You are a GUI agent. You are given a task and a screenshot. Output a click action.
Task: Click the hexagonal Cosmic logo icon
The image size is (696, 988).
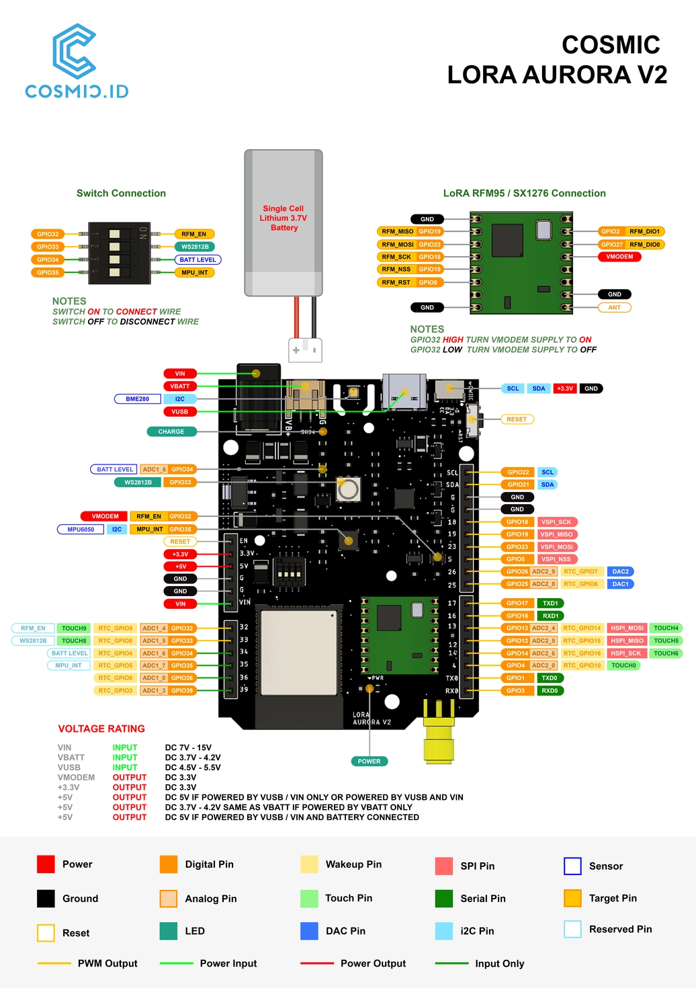[x=75, y=51]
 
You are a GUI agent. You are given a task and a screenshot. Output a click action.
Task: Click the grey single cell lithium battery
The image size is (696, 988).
[x=284, y=222]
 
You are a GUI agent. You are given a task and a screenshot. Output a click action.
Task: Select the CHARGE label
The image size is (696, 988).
[x=171, y=431]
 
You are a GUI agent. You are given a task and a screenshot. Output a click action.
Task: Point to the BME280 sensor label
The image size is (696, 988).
[x=138, y=399]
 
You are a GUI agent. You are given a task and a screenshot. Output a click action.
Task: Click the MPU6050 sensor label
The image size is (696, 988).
[x=81, y=529]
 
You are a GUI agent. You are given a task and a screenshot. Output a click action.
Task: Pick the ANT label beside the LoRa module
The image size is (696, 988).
[x=615, y=307]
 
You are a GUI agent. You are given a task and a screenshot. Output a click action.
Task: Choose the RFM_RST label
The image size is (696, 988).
[x=396, y=282]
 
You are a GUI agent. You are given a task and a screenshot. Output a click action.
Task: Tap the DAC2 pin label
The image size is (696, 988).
[x=620, y=571]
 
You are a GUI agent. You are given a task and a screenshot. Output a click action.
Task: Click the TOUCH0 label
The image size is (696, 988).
[x=623, y=665]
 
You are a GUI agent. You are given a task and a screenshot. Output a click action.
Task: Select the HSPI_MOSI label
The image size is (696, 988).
[x=627, y=628]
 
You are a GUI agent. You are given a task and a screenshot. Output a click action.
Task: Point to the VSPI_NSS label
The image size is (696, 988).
[x=556, y=559]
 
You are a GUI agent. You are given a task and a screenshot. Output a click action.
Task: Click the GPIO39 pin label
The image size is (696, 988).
[x=182, y=690]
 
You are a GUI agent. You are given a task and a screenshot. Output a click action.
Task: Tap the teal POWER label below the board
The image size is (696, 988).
[x=369, y=761]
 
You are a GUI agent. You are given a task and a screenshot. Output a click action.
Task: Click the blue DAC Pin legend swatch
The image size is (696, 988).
[x=309, y=931]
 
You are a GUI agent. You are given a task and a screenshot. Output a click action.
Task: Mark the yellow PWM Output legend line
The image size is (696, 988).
[x=54, y=963]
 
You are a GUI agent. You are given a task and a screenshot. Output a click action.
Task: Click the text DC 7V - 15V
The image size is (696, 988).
[x=188, y=747]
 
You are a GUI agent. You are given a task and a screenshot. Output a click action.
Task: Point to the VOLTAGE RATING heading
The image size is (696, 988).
[x=101, y=729]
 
